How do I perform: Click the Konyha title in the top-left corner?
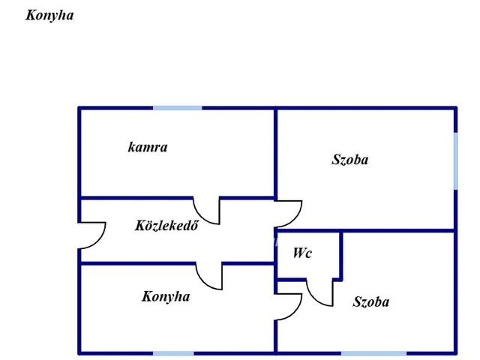[x=49, y=15]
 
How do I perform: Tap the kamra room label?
[x=148, y=147]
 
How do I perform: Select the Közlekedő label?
[x=166, y=225]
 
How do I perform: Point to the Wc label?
[x=301, y=253]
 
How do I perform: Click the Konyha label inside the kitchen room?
[x=166, y=296]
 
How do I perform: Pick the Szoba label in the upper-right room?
[x=350, y=159]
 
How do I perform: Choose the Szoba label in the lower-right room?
[x=371, y=301]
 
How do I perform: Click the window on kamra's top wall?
[x=178, y=108]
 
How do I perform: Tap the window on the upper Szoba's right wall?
[x=455, y=160]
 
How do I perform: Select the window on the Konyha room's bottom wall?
[x=173, y=352]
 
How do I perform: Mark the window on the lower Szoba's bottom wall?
[x=373, y=352]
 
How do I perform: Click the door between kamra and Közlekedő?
[x=207, y=211]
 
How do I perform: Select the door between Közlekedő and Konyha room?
[x=210, y=275]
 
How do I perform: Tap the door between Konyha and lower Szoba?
[x=289, y=306]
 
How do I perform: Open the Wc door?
[x=320, y=292]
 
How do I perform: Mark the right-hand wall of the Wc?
[x=341, y=255]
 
